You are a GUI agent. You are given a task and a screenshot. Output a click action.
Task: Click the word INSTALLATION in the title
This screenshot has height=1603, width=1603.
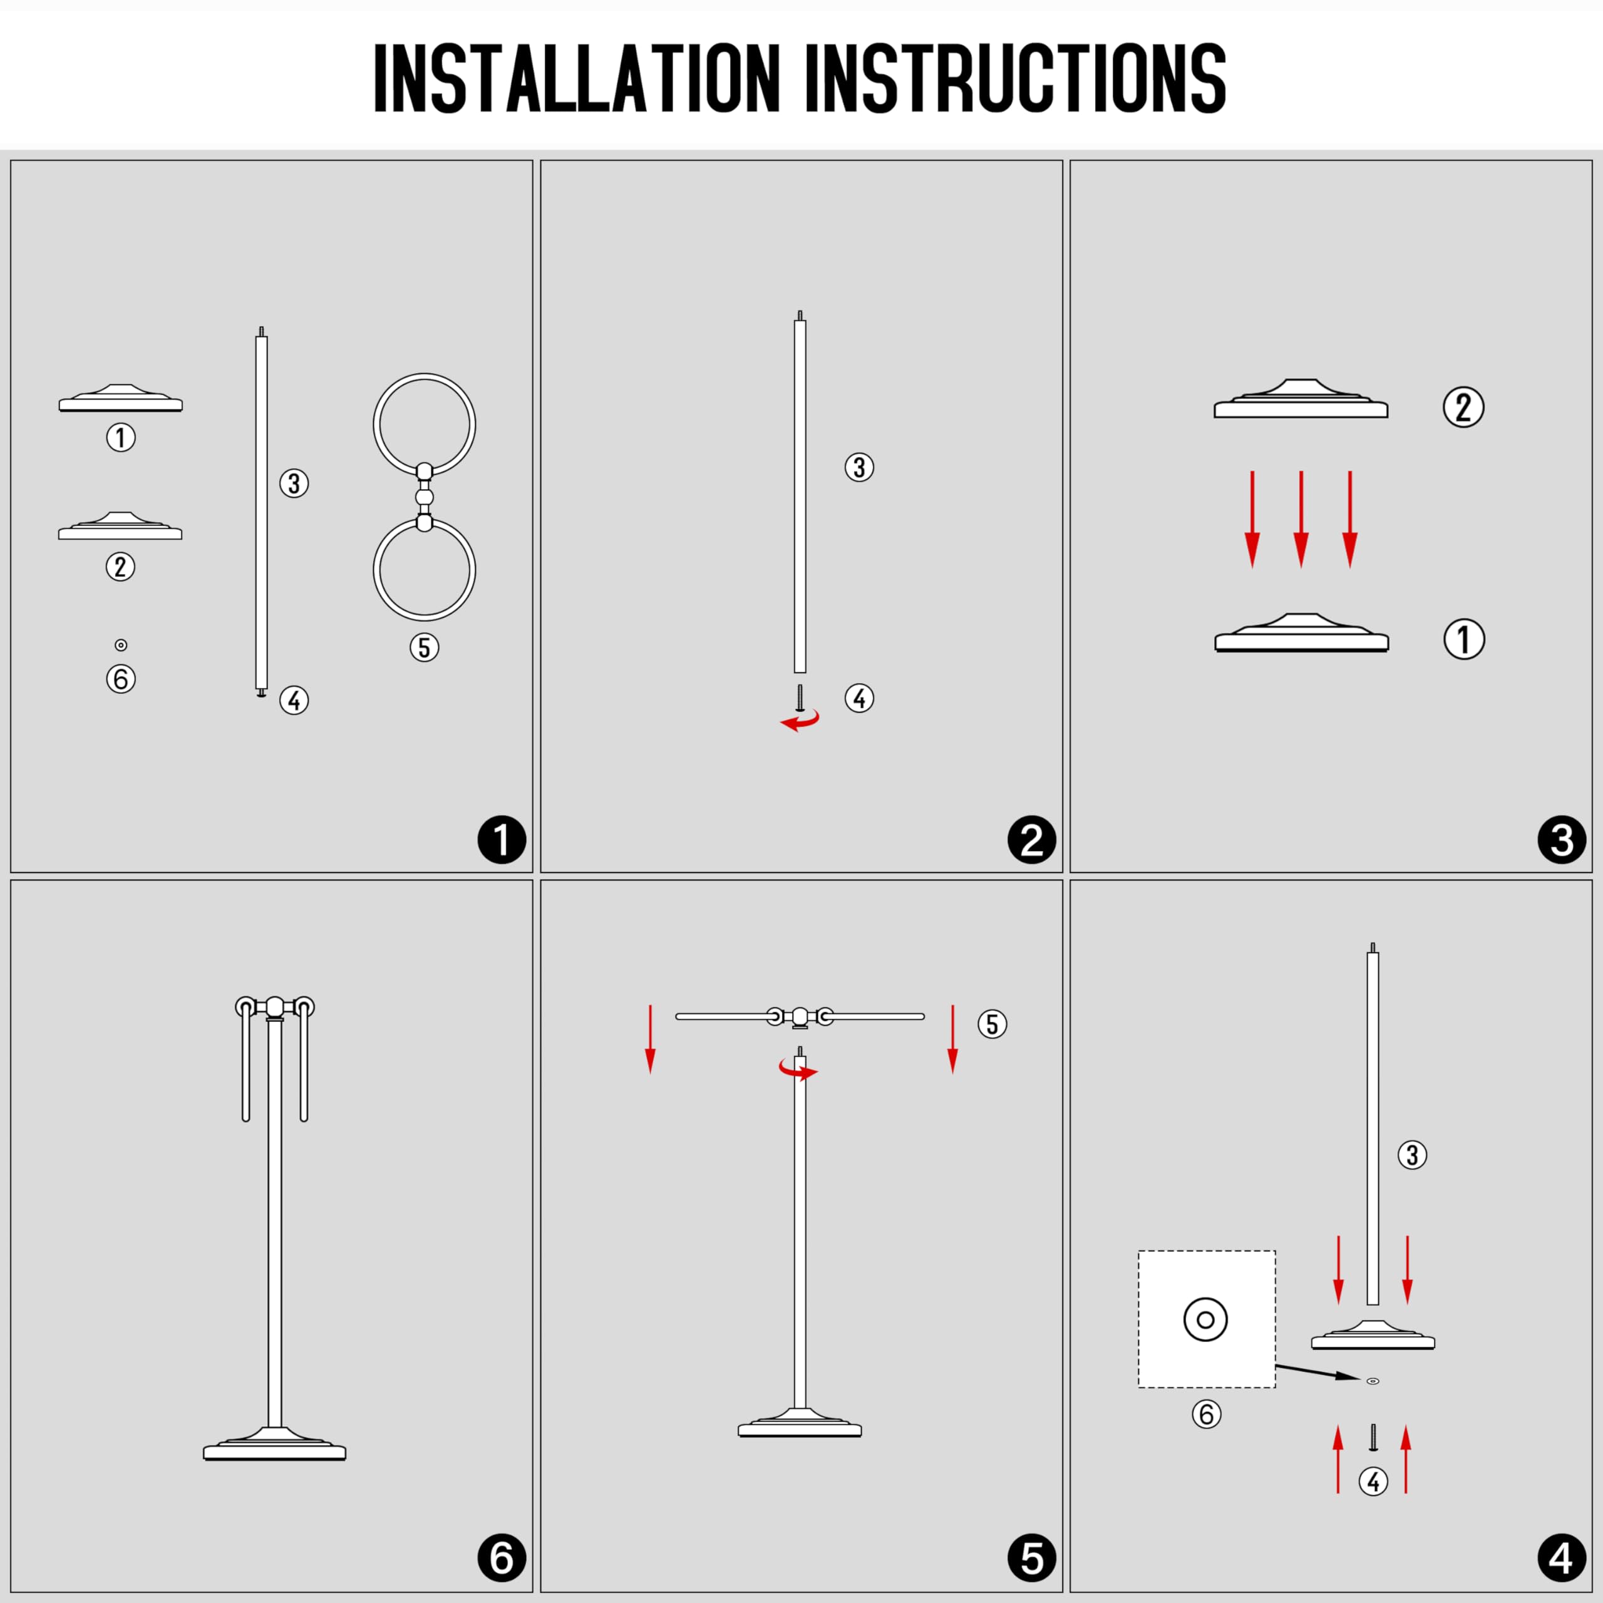(577, 78)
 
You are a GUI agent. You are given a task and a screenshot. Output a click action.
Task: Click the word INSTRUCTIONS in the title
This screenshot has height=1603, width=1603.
(1016, 78)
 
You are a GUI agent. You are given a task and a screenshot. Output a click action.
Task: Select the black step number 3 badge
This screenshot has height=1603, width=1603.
(1562, 840)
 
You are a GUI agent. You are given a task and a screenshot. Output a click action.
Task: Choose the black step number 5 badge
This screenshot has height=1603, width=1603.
(1031, 1557)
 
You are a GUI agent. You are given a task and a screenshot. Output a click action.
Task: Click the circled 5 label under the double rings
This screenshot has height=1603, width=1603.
(424, 648)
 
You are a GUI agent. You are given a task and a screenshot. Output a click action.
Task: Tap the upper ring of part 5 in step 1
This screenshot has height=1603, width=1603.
(424, 374)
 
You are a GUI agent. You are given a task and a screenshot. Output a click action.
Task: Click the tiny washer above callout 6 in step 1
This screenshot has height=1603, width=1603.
(120, 645)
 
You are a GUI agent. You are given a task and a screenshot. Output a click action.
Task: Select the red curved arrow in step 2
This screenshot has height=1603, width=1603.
(801, 720)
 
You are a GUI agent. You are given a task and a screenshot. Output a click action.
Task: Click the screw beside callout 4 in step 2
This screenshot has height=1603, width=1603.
(800, 698)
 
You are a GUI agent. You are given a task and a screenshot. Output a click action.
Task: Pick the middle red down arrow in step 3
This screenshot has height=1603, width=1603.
(1301, 519)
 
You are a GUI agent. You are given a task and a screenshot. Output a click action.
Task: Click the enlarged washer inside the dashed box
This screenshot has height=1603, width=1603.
(1205, 1319)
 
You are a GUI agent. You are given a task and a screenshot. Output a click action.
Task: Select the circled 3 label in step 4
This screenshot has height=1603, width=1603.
(1412, 1154)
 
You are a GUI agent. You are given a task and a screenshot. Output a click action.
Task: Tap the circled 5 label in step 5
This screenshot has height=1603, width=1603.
(992, 1024)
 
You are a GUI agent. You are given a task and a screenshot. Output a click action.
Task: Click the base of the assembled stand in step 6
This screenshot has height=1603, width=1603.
(275, 1445)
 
